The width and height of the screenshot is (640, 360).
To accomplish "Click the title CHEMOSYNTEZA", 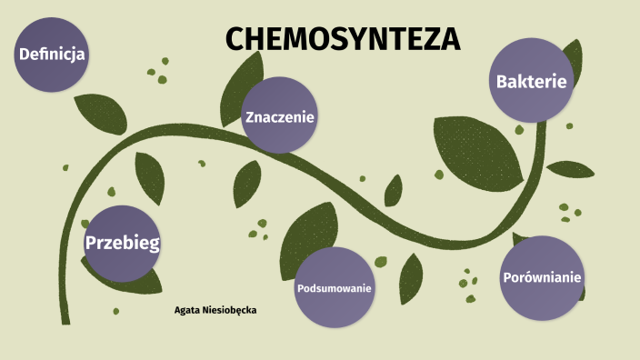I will [343, 39].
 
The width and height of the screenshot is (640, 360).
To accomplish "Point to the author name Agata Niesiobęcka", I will [215, 310].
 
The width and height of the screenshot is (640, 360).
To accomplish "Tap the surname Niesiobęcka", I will [230, 310].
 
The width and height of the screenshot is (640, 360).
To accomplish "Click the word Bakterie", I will [532, 82].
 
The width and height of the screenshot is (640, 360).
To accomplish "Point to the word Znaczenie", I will [279, 116].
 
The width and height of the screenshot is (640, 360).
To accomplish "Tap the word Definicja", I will [52, 55].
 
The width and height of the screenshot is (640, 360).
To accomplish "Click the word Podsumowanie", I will [335, 288].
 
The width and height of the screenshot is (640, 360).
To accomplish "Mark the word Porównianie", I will [543, 277].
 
